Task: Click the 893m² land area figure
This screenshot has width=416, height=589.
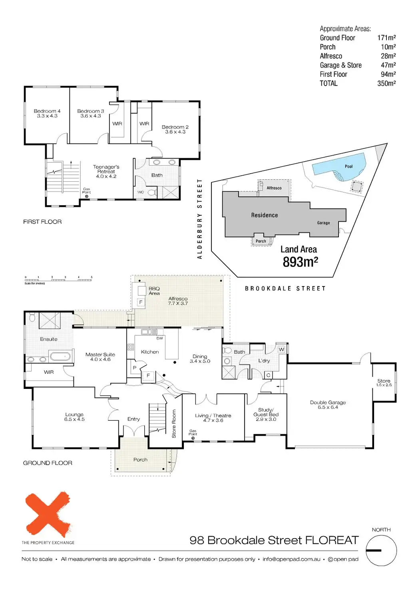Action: [x=300, y=262]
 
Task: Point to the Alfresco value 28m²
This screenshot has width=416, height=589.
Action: [x=388, y=56]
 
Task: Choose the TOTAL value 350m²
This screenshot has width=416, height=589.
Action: [x=386, y=83]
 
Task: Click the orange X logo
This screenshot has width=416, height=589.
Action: [x=48, y=514]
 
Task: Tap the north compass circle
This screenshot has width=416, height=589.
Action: [x=381, y=551]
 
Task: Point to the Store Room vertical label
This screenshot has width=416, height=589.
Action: [x=174, y=423]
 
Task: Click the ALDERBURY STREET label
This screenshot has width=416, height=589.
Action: [x=200, y=219]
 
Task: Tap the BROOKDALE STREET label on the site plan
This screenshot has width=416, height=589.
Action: [x=285, y=288]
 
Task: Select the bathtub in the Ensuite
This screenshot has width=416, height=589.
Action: [x=60, y=356]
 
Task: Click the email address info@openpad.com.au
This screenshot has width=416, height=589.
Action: [x=291, y=559]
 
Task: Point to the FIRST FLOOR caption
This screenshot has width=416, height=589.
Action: [x=42, y=222]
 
